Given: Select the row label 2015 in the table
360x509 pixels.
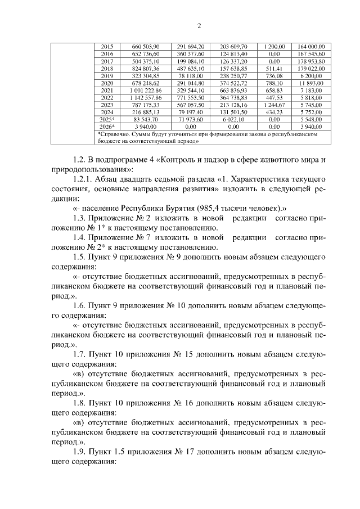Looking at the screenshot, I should pyautogui.click(x=106, y=46).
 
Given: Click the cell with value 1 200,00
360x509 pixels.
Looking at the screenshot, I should pyautogui.click(x=274, y=46).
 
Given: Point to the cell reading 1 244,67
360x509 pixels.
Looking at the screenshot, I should pyautogui.click(x=274, y=105).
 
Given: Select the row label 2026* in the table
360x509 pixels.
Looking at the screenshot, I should pyautogui.click(x=106, y=127).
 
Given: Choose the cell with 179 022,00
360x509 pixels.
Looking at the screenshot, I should pyautogui.click(x=310, y=68).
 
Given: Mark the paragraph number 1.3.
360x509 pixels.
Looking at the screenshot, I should pyautogui.click(x=82, y=218).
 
